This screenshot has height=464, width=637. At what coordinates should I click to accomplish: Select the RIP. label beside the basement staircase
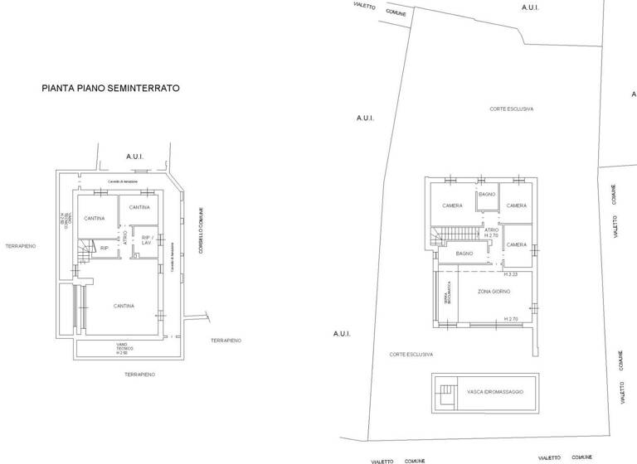coord(105,247)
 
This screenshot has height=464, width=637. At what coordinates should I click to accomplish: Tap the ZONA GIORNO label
coord(494,292)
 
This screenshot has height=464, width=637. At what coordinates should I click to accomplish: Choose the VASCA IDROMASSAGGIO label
coord(495,391)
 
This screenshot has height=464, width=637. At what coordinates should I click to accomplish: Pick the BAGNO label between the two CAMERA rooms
coord(487,194)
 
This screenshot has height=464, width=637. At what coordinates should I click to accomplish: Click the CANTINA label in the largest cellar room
coord(124,306)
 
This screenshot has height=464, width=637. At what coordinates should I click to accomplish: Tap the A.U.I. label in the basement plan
coord(135,156)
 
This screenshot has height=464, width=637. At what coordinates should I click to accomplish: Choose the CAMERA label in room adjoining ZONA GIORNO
coord(517,245)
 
